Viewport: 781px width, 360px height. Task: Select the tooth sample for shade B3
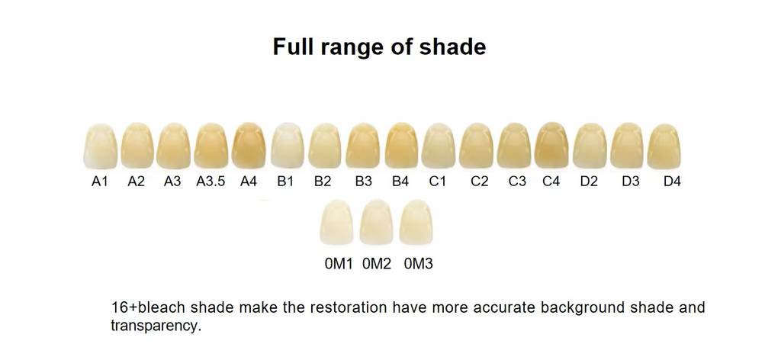pyautogui.click(x=363, y=146)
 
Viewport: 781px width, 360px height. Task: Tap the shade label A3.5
pyautogui.click(x=211, y=182)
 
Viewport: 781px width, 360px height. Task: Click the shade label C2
pyautogui.click(x=479, y=182)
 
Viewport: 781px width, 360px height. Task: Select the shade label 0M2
pyautogui.click(x=377, y=264)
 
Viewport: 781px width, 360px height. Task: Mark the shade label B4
pyautogui.click(x=400, y=182)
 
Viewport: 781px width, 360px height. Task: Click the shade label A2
pyautogui.click(x=136, y=182)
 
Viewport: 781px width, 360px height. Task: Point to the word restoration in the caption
pyautogui.click(x=344, y=309)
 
